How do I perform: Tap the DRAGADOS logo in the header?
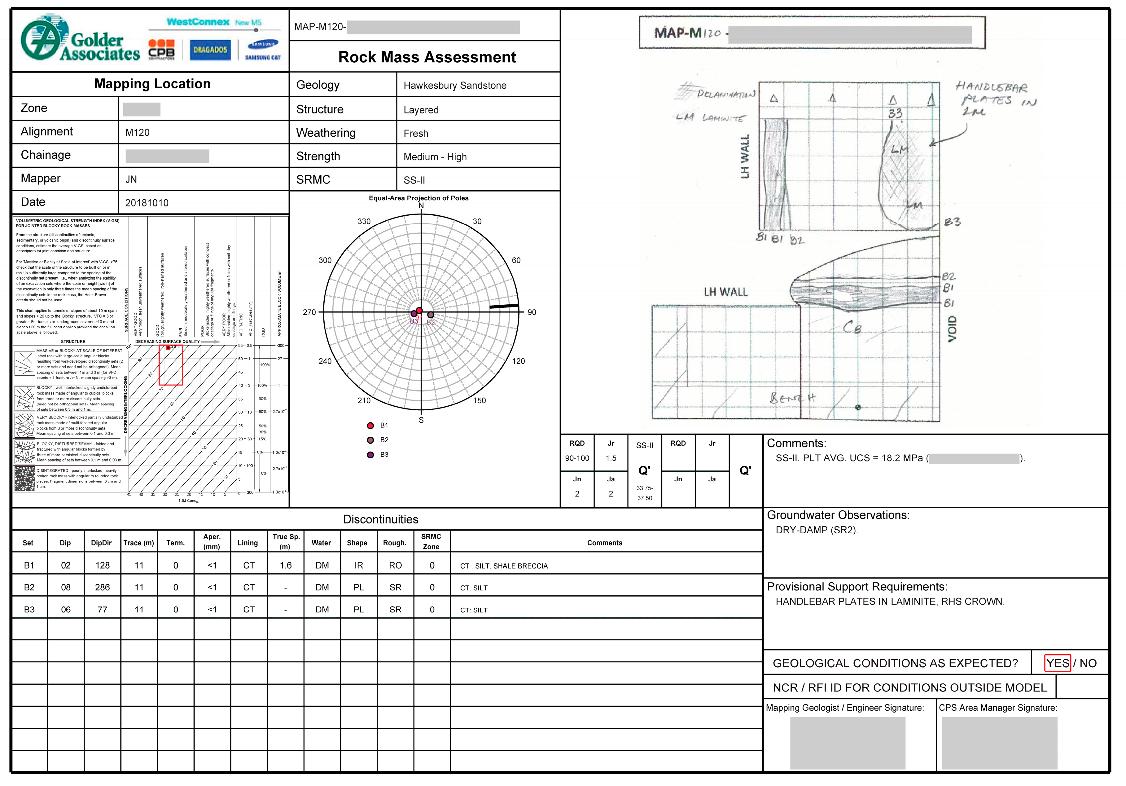pos(210,50)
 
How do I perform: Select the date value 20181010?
pos(147,203)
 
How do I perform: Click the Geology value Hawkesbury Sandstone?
pos(455,85)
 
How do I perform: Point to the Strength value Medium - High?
pos(435,157)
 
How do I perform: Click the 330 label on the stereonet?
pos(364,221)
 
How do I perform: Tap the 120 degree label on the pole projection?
pos(518,361)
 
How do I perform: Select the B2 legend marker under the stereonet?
pos(371,440)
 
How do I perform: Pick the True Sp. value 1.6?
pos(285,565)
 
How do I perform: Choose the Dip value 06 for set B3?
pos(66,609)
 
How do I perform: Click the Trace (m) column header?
pos(139,543)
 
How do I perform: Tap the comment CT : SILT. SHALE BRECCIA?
pos(504,566)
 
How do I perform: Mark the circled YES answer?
pos(1057,663)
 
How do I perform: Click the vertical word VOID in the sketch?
pos(952,329)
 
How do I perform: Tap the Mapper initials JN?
pos(131,179)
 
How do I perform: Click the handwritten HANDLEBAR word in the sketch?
pos(991,87)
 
